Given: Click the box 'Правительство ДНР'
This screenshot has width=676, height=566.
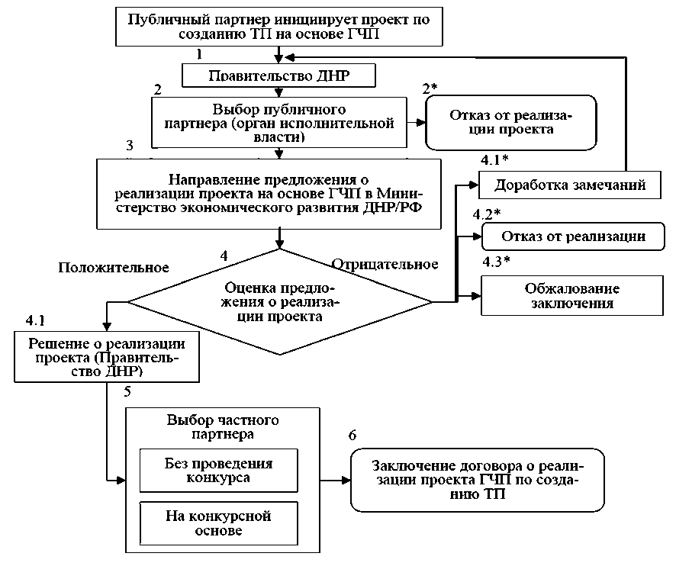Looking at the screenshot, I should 281,76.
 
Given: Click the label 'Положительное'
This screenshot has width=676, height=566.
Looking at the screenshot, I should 113,268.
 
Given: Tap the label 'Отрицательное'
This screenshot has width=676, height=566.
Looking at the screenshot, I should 385,265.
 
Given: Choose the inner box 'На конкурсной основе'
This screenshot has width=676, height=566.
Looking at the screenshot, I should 218,523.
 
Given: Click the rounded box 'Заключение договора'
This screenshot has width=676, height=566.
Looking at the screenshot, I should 476,480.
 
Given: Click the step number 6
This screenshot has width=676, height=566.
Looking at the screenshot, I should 352,436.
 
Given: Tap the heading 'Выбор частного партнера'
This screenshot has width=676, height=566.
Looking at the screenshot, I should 221,426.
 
